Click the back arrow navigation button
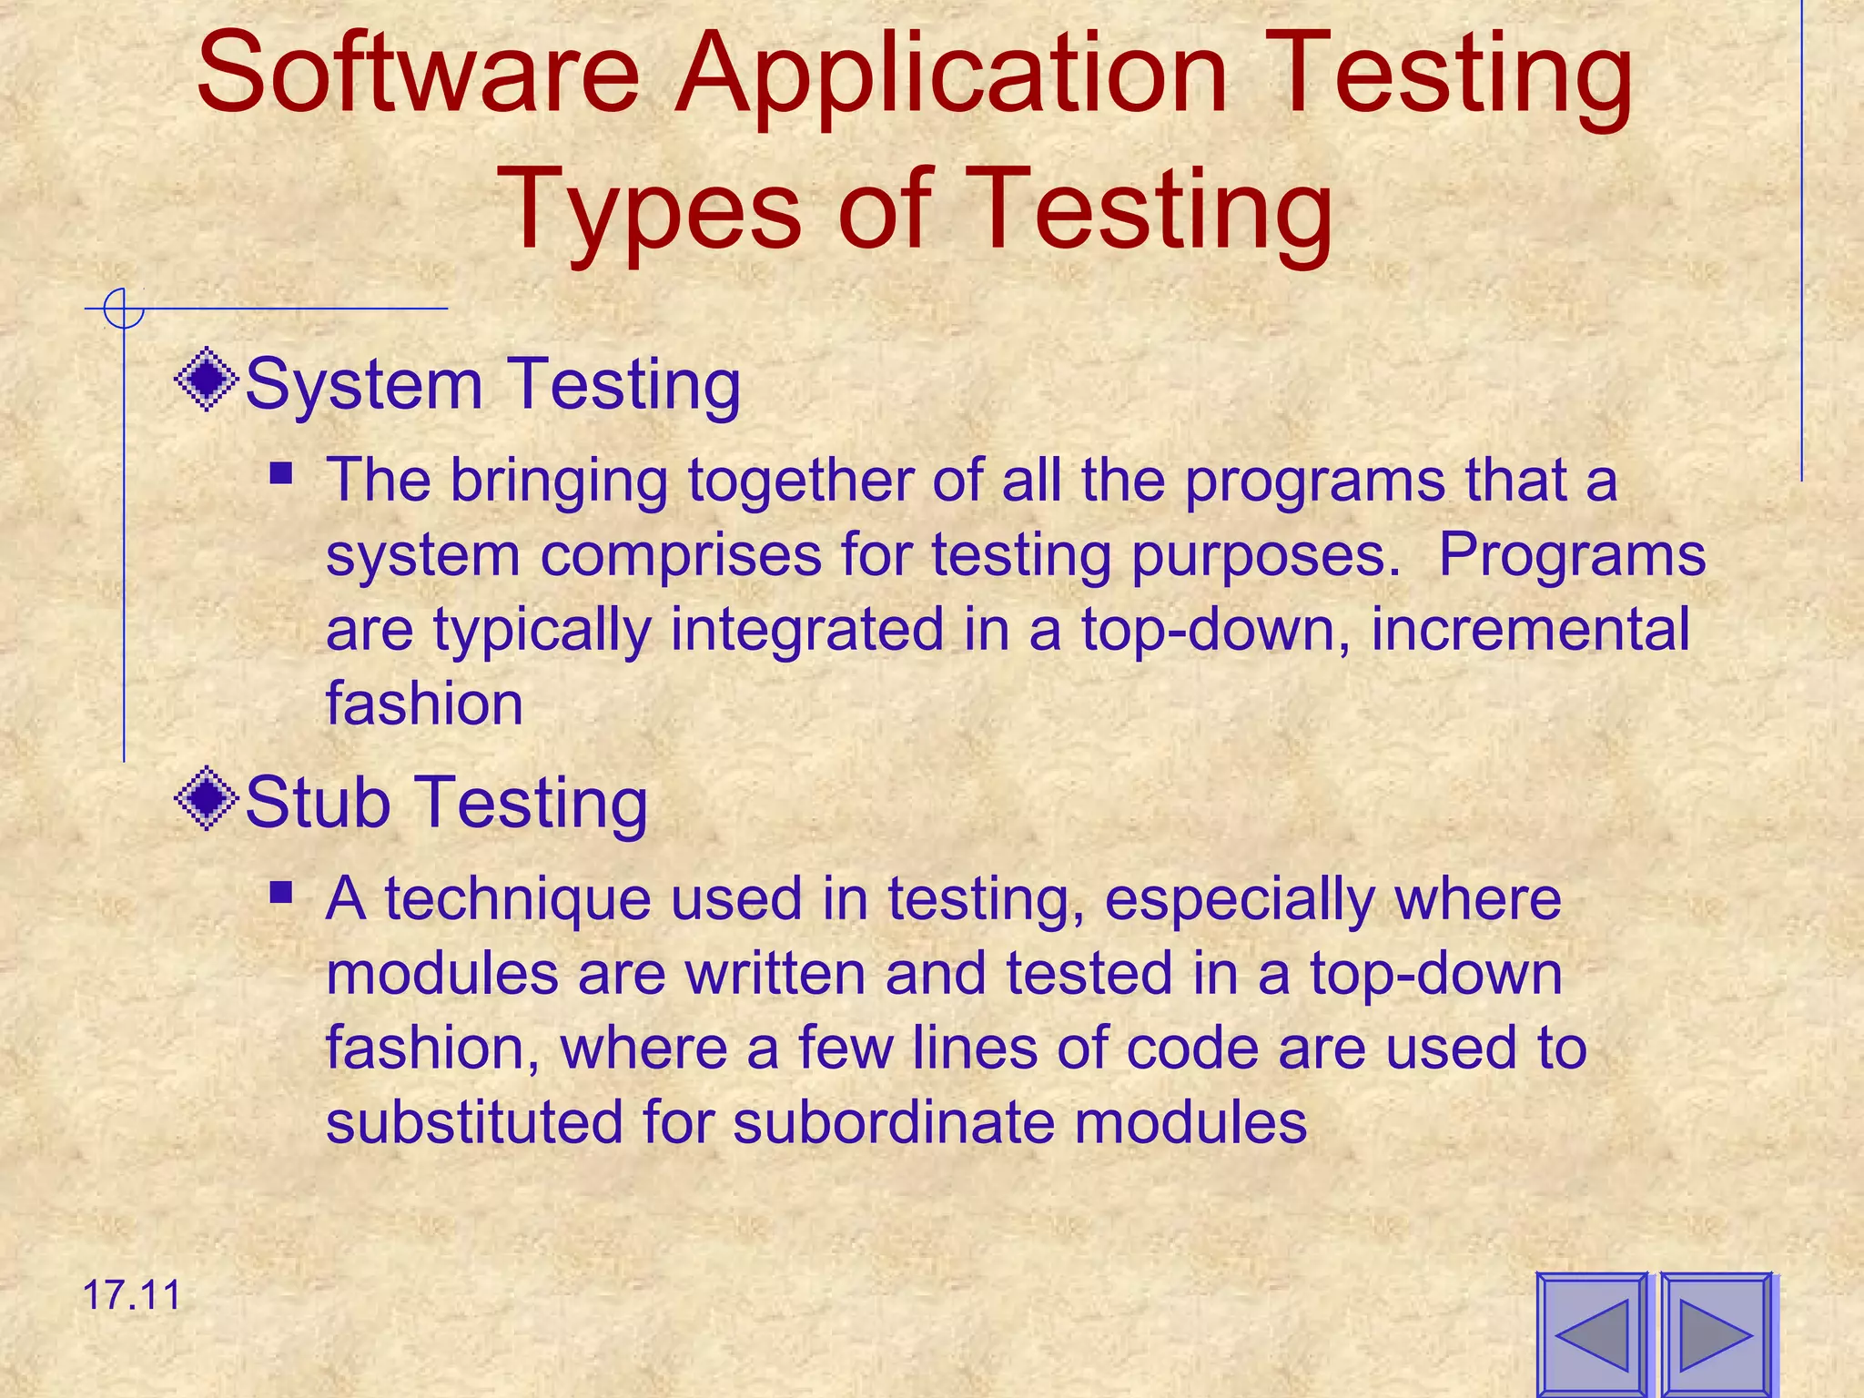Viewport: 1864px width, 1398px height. pyautogui.click(x=1592, y=1334)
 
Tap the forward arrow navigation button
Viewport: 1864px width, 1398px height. pyautogui.click(x=1717, y=1334)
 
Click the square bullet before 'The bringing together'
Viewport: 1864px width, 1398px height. pyautogui.click(x=281, y=473)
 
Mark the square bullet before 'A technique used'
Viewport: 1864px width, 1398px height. pyautogui.click(x=281, y=891)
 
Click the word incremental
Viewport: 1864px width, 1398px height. pyautogui.click(x=1530, y=629)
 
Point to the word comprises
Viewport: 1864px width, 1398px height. pyautogui.click(x=681, y=556)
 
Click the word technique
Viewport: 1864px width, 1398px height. pyautogui.click(x=517, y=900)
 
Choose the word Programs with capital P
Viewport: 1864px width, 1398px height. pyautogui.click(x=1572, y=556)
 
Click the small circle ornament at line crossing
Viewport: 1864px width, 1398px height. pyautogui.click(x=124, y=309)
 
